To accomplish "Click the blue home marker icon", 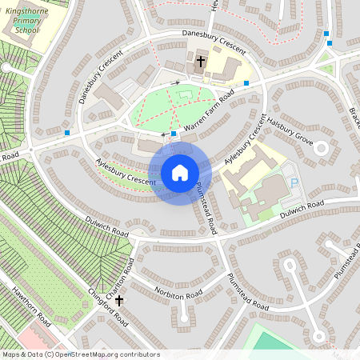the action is pyautogui.click(x=180, y=173).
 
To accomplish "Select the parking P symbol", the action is pyautogui.click(x=293, y=183).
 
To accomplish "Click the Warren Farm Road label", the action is pyautogui.click(x=209, y=113).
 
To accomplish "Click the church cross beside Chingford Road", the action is pyautogui.click(x=119, y=301).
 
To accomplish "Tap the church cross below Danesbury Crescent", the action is pyautogui.click(x=199, y=61).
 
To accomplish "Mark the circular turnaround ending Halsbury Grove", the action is pyautogui.click(x=321, y=147).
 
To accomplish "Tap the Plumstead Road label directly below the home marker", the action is pyautogui.click(x=206, y=206).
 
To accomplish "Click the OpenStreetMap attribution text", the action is pyautogui.click(x=81, y=354).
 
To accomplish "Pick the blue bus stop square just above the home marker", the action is pyautogui.click(x=174, y=134).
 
